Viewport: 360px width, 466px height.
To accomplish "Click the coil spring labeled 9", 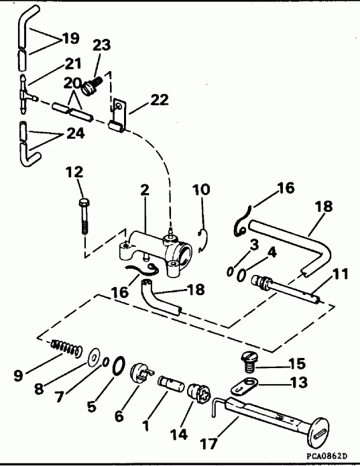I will tap(65, 348).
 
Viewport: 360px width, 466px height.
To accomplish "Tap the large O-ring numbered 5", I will tap(116, 365).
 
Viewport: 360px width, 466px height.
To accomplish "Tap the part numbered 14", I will tap(197, 392).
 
